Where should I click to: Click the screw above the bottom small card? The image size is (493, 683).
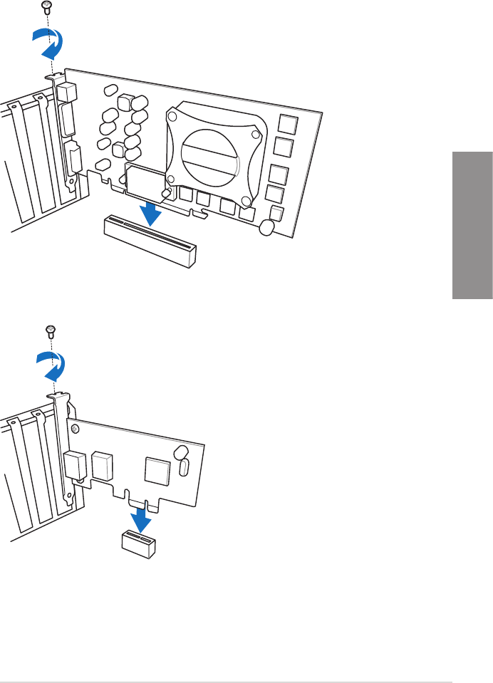51,331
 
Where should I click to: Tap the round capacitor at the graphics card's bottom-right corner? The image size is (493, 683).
268,228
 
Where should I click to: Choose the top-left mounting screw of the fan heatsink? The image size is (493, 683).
173,113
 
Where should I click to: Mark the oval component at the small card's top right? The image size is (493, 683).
182,453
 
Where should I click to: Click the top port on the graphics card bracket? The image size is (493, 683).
66,92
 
